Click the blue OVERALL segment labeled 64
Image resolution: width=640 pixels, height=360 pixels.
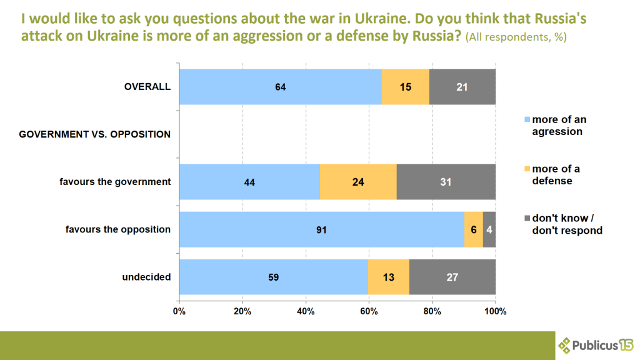point(280,86)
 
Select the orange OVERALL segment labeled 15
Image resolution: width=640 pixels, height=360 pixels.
point(406,86)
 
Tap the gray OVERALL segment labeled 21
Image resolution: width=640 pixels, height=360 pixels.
point(462,86)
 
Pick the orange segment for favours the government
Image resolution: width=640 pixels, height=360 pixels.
point(358,182)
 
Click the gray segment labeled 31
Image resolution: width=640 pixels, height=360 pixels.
point(446,182)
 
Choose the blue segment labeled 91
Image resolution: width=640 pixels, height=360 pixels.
point(321,229)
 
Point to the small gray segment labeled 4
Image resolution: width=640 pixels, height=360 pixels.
point(489,229)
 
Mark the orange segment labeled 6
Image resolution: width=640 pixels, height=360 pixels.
point(474,229)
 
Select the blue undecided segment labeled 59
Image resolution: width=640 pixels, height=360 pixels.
point(273,277)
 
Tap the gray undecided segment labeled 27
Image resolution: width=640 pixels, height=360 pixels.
point(452,277)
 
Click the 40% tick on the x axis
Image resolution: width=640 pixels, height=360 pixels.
point(306,311)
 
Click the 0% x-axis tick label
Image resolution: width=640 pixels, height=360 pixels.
point(179,311)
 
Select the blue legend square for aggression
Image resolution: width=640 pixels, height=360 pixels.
point(527,119)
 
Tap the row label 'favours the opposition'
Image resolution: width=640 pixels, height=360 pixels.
point(118,229)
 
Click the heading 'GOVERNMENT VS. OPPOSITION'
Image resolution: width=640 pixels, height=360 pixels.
point(95,134)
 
